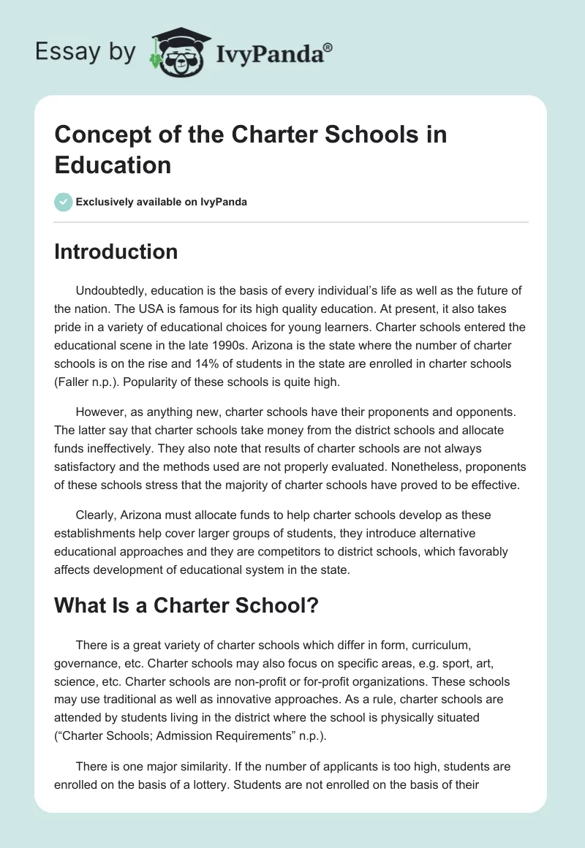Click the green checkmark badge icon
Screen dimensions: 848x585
pos(64,202)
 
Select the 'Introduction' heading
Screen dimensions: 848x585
pos(116,251)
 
